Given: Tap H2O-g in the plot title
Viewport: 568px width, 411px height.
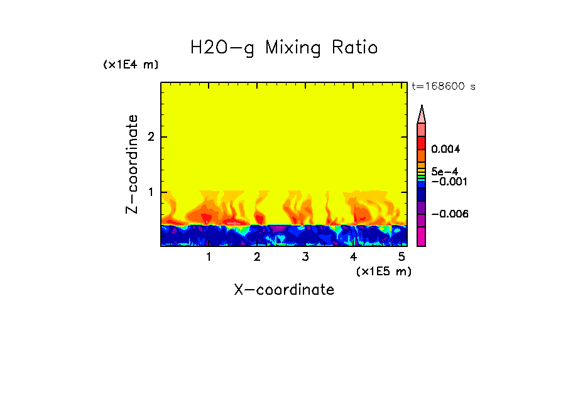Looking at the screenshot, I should (222, 48).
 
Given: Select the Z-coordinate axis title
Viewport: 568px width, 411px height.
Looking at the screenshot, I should (133, 164).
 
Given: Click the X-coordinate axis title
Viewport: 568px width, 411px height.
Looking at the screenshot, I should (284, 290).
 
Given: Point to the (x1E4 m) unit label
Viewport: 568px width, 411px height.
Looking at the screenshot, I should (131, 65).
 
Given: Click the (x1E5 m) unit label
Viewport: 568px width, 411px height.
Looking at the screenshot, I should (383, 271).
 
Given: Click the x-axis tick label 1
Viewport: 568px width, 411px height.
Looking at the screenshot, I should (209, 257).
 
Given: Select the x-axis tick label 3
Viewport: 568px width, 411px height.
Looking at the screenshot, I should (305, 257).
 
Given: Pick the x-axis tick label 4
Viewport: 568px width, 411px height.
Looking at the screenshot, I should (353, 257).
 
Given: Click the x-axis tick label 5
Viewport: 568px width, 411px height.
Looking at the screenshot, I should (401, 257).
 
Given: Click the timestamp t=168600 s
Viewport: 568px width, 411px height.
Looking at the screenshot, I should (443, 87).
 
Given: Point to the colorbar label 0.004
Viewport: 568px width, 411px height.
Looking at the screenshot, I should (446, 150).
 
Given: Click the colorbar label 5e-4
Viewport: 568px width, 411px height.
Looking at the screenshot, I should (444, 171).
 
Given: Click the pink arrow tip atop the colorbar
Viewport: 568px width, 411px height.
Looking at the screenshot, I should (422, 113).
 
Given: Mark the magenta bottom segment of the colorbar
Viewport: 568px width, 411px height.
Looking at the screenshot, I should (422, 236).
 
